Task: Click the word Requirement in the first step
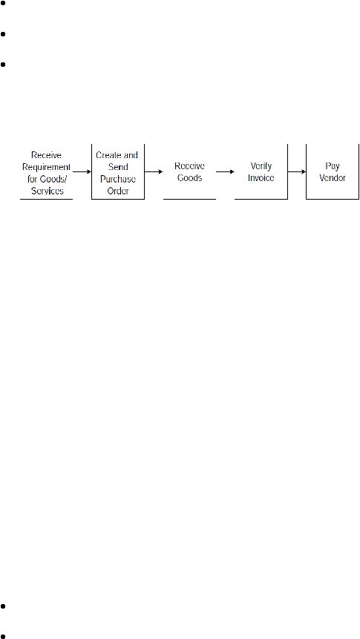click(x=47, y=168)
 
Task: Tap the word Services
click(x=48, y=191)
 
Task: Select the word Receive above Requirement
click(x=47, y=155)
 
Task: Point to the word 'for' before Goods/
click(x=38, y=180)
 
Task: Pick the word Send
click(x=118, y=168)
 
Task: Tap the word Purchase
click(x=118, y=180)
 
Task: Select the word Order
click(x=118, y=191)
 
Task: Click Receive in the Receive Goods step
click(x=189, y=166)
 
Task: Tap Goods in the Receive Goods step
click(x=189, y=178)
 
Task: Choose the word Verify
click(x=261, y=166)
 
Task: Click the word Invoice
click(x=261, y=178)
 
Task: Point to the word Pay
click(x=333, y=166)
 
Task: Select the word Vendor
click(x=333, y=178)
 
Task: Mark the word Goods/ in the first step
click(x=55, y=180)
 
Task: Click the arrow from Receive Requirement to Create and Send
click(x=82, y=171)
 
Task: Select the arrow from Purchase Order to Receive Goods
click(x=154, y=171)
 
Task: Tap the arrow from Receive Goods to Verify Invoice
click(x=226, y=171)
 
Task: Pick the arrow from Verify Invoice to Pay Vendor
click(x=297, y=171)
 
